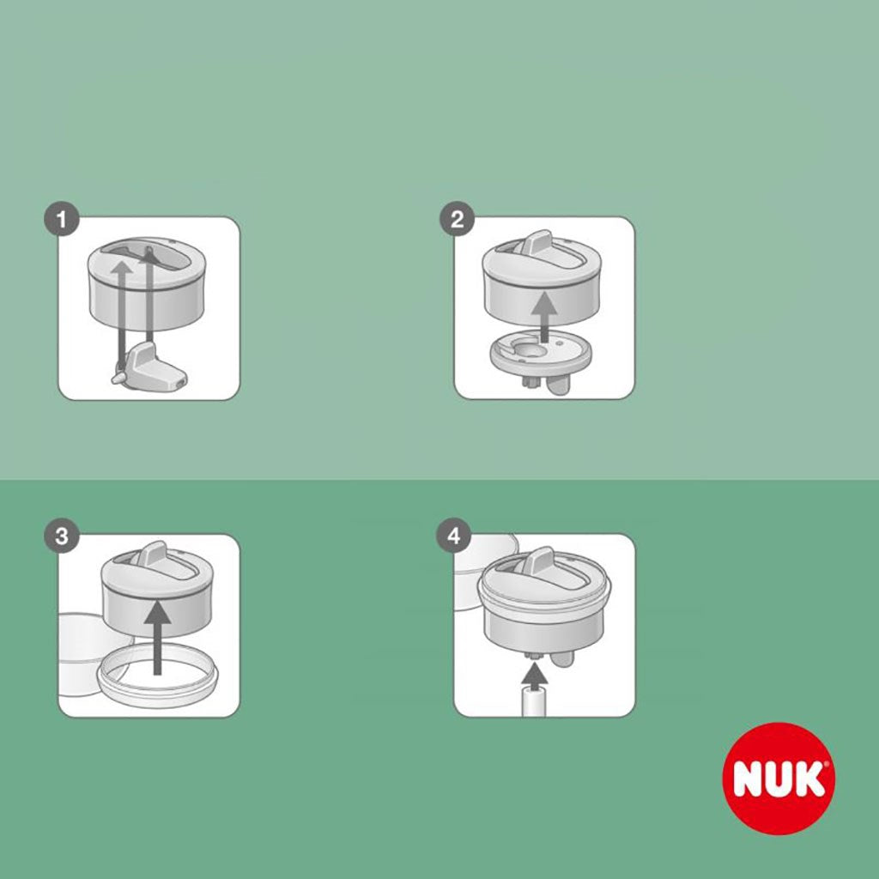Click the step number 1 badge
60,220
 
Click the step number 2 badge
457,220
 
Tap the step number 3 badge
60,537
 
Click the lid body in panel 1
180,300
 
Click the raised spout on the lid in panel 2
539,244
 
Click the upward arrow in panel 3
155,640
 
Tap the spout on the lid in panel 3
155,555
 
